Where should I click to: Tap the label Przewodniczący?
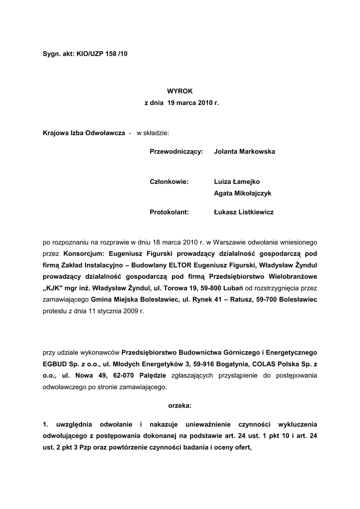(x=177, y=151)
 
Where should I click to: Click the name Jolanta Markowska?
(x=244, y=151)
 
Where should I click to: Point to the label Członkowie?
(x=169, y=182)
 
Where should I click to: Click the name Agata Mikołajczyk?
(x=243, y=193)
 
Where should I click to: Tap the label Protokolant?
(x=169, y=212)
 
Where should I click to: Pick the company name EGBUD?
(x=55, y=364)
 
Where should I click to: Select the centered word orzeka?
(x=180, y=406)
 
